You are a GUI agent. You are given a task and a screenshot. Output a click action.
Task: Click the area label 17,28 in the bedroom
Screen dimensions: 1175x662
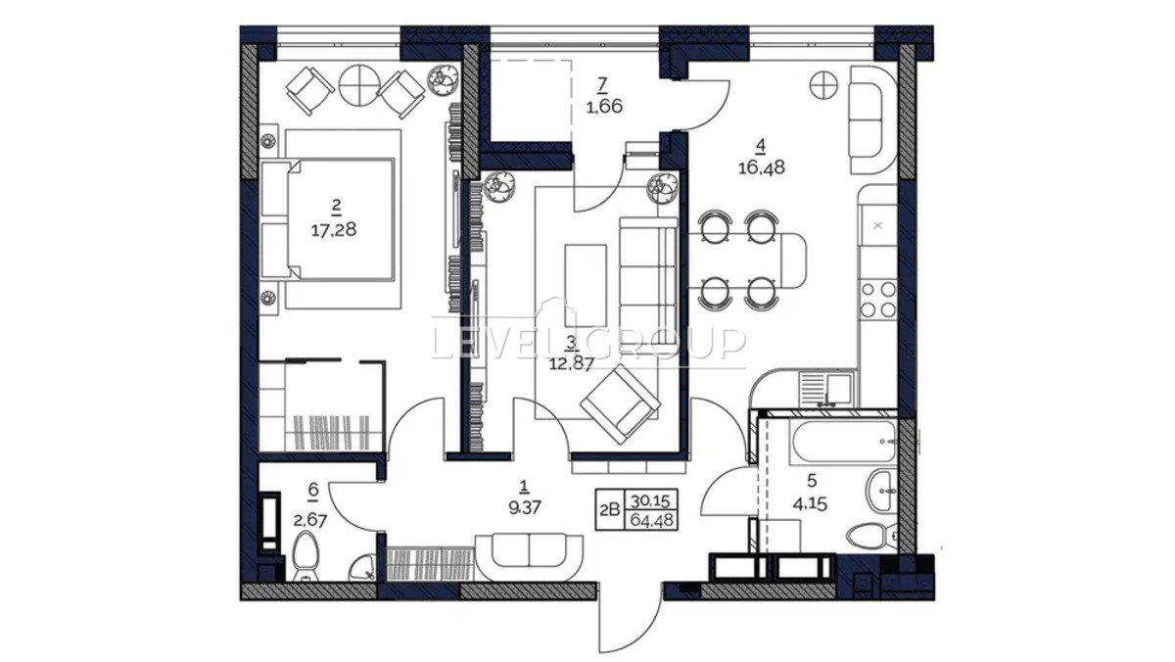point(334,230)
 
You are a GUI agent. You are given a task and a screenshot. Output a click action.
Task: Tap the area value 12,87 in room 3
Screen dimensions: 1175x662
point(571,363)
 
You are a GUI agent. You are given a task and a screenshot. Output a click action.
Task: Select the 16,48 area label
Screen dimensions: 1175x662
point(762,167)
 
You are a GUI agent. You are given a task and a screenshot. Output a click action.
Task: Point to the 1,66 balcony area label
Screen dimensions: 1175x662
point(604,107)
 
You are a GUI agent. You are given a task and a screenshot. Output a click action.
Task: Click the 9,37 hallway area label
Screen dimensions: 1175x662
point(525,507)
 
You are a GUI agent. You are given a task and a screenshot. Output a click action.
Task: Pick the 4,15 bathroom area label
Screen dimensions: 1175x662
point(811,504)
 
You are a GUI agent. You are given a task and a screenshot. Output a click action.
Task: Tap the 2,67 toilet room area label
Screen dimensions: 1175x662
point(310,521)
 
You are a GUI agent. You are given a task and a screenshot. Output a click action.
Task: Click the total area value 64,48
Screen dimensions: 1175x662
point(652,520)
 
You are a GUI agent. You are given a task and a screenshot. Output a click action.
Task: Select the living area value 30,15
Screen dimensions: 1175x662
point(650,501)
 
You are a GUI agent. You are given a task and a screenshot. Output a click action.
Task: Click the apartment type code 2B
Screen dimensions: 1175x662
point(610,510)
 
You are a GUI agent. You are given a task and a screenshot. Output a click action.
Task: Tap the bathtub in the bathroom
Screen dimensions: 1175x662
point(843,441)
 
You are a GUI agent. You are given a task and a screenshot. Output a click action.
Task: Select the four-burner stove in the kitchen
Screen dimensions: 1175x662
point(877,300)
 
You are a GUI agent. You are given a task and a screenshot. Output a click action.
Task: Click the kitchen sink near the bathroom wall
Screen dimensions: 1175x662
point(826,389)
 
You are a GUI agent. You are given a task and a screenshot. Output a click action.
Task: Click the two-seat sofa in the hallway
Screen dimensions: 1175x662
point(529,557)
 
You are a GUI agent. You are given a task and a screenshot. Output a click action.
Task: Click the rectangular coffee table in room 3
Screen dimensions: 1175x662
point(586,286)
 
